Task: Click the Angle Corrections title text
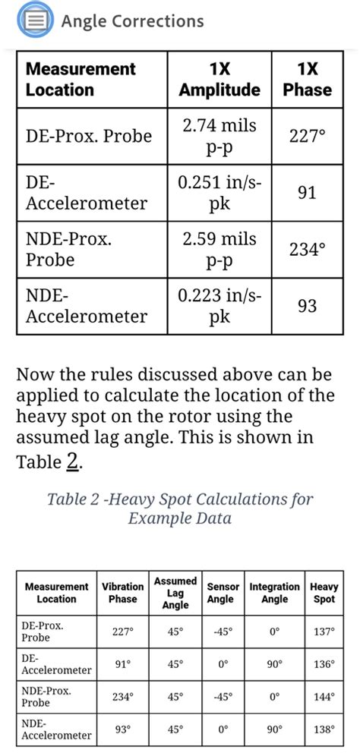[132, 21]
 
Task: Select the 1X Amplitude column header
[219, 80]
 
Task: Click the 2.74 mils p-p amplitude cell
[219, 136]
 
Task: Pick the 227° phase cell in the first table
[307, 136]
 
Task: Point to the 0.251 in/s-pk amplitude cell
[219, 193]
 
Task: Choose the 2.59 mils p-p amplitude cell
[219, 250]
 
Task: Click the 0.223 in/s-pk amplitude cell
[219, 307]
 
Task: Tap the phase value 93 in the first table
[307, 307]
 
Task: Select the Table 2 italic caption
[180, 509]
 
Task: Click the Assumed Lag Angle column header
[175, 593]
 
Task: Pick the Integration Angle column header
[275, 593]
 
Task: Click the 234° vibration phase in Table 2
[123, 697]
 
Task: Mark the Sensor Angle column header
[223, 593]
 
